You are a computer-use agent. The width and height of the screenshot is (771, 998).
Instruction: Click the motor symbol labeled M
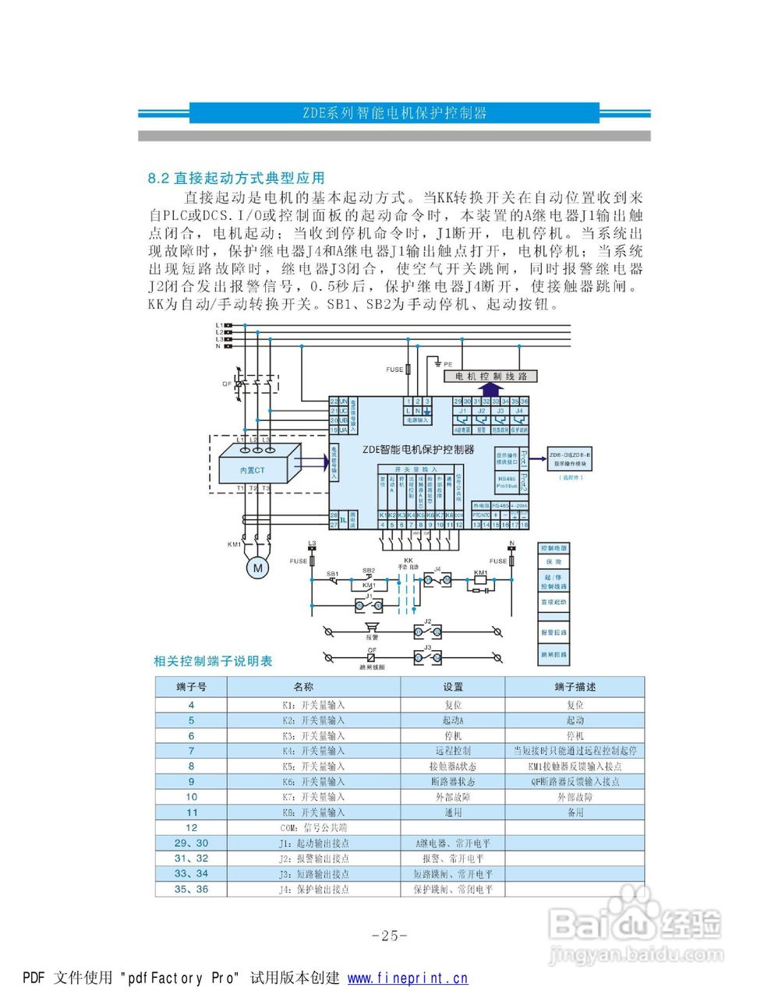(x=257, y=568)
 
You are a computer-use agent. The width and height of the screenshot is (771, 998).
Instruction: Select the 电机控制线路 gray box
(x=491, y=376)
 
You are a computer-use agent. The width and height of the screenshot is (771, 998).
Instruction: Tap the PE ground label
(x=448, y=364)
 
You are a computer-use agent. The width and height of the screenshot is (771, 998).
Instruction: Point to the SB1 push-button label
(x=332, y=574)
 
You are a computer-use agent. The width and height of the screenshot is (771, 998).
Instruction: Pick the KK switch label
(x=408, y=560)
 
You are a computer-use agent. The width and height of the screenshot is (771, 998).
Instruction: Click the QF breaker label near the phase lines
(x=227, y=384)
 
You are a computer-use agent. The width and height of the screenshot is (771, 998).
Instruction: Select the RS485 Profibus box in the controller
(x=507, y=482)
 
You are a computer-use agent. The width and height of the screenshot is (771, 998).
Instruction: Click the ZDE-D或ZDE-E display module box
(x=570, y=458)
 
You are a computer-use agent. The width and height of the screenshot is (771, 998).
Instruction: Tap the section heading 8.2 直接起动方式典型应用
(x=236, y=179)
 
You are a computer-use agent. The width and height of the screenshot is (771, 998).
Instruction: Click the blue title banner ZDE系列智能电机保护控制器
(x=394, y=113)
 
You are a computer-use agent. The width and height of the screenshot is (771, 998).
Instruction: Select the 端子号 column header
(x=191, y=687)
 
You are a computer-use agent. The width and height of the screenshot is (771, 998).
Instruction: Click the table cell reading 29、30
(x=191, y=843)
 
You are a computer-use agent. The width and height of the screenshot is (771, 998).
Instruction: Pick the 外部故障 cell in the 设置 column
(x=453, y=797)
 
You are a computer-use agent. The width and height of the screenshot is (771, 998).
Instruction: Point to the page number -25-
(x=390, y=936)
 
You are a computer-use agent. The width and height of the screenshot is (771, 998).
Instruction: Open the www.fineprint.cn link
(x=408, y=979)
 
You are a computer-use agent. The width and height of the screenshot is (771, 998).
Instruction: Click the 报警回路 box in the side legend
(x=554, y=632)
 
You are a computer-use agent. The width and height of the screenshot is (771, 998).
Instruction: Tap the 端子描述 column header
(x=575, y=687)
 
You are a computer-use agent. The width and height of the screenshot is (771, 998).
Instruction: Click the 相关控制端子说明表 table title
(x=213, y=661)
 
